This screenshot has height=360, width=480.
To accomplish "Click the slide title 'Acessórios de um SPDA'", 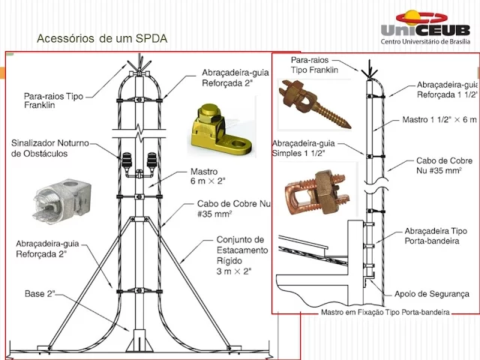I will point(102,37).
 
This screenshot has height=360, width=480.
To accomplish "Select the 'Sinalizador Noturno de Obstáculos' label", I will point(50,148).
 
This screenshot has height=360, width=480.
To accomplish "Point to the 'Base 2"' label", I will point(40,294).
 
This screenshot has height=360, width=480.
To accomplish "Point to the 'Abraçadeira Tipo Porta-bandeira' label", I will point(435,235).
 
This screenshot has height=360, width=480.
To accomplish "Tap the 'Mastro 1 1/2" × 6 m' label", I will point(439,119).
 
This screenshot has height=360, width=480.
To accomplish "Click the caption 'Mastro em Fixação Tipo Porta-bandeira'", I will point(385,311).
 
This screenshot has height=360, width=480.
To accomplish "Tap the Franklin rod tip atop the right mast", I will point(366,72).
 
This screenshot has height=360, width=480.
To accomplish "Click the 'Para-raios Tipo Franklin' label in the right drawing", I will point(314,64).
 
